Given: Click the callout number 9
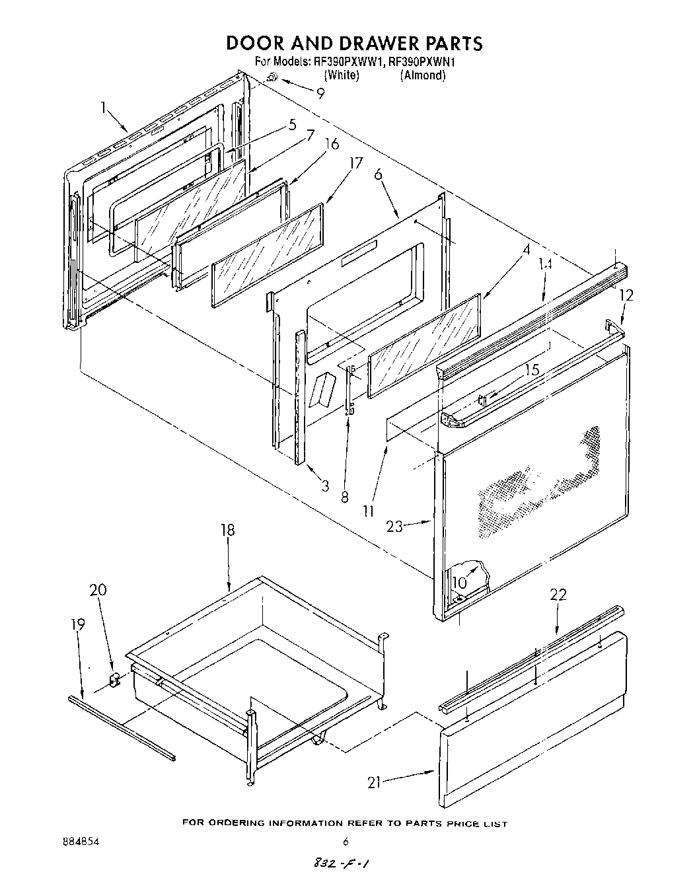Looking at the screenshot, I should click(x=320, y=93).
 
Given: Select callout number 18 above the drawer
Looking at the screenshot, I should click(x=228, y=531).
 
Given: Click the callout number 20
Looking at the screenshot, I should click(x=98, y=591).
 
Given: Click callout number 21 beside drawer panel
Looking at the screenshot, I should click(x=375, y=782).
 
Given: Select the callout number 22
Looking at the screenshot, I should click(x=558, y=595).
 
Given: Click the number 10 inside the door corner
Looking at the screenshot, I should click(x=459, y=582).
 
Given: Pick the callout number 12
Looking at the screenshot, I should click(x=626, y=295).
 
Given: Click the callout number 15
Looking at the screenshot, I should click(x=532, y=370).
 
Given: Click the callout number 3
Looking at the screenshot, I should click(x=325, y=487).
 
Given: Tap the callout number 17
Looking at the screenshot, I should click(x=356, y=163).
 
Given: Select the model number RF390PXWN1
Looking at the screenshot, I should click(x=423, y=62).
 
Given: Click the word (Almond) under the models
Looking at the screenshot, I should click(x=423, y=75).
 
